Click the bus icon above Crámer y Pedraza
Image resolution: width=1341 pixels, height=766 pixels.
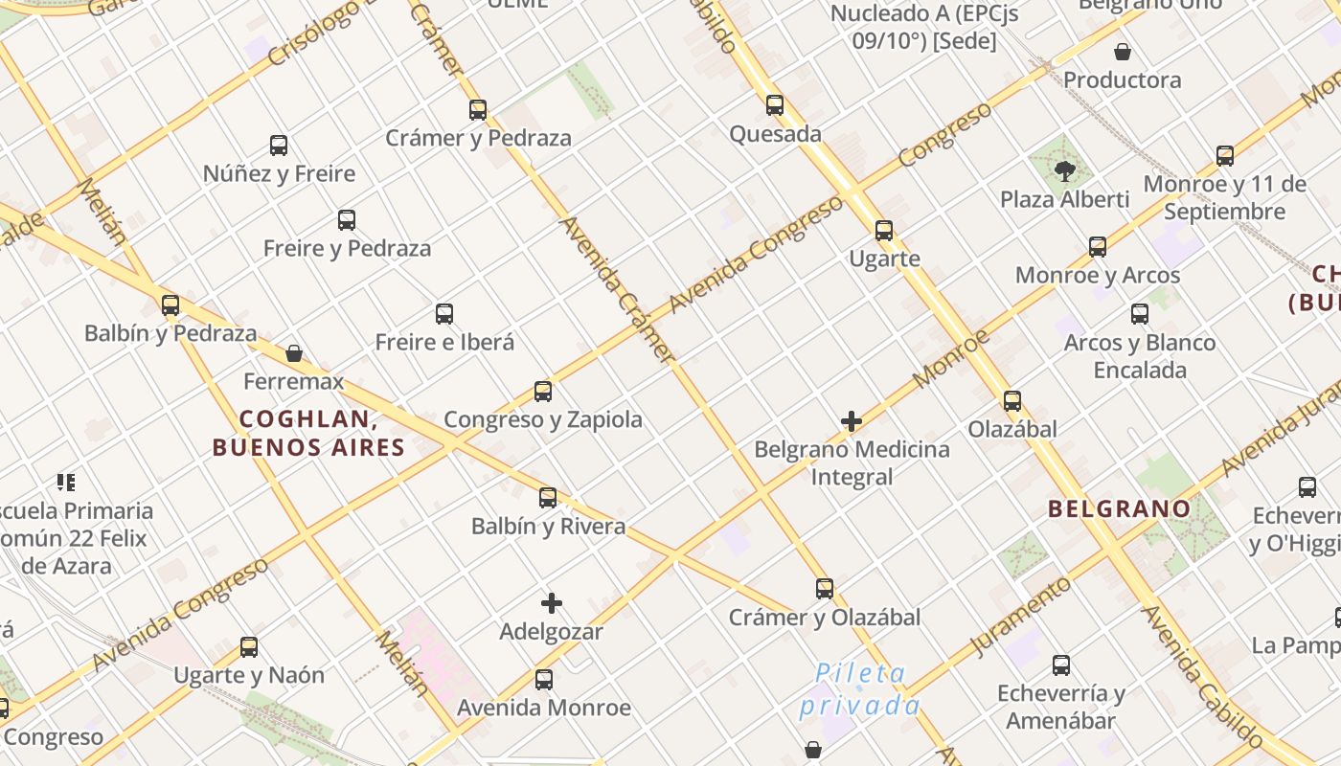(478, 110)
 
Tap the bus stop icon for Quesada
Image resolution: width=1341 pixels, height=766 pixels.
(775, 105)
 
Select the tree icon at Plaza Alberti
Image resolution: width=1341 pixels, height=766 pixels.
(1064, 171)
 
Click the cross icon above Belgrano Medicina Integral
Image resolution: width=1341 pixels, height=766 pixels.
(852, 421)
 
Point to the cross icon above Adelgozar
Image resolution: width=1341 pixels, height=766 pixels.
(552, 603)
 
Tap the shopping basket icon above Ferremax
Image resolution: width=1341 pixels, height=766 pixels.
(294, 353)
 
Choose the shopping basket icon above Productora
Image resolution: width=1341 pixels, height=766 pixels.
(1122, 52)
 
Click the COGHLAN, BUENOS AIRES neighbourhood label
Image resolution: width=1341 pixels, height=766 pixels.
(307, 433)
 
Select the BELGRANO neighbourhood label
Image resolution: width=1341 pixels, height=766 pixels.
(1119, 508)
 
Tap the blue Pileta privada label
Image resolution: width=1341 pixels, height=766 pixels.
(859, 689)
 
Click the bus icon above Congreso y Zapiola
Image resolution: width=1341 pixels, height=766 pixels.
(543, 391)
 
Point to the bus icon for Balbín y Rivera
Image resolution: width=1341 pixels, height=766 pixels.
(548, 498)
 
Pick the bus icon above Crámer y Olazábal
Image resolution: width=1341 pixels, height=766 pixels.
(825, 589)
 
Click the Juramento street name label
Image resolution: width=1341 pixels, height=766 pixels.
(1020, 616)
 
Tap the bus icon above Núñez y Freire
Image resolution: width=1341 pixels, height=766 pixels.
(279, 146)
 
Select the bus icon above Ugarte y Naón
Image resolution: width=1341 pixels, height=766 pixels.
(249, 647)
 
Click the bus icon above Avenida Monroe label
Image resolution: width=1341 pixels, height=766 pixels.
(544, 680)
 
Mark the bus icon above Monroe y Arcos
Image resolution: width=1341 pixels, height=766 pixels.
(1098, 247)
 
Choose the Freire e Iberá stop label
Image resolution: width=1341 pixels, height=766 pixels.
(444, 342)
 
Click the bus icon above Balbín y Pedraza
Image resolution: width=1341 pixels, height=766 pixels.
(170, 305)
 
